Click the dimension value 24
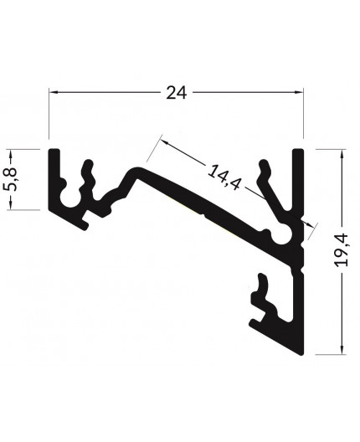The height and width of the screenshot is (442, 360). click(175, 93)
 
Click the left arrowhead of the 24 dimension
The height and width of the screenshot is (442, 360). click(53, 93)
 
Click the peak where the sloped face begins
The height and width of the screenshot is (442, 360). click(134, 169)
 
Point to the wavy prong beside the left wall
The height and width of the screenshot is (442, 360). click(85, 180)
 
